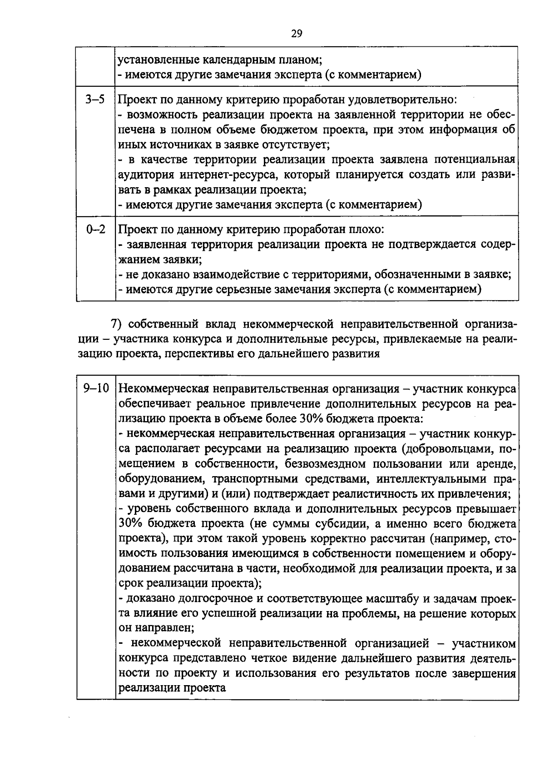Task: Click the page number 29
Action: (x=296, y=33)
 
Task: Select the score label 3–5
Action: (x=95, y=99)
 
